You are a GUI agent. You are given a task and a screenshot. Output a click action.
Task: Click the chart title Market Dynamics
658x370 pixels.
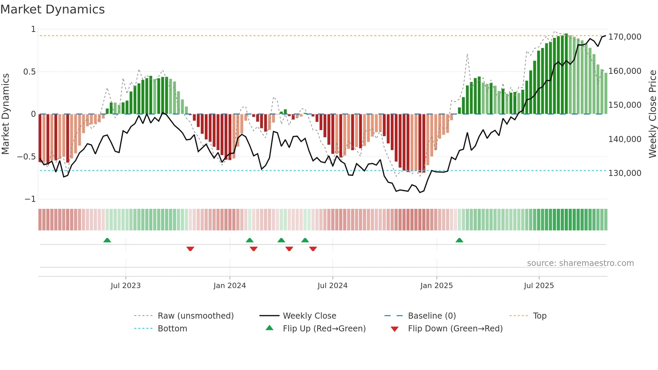coord(53,9)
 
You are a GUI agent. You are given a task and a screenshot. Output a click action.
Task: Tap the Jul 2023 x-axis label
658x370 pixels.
coord(126,286)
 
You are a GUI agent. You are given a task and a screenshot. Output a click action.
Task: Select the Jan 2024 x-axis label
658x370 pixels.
coord(230,286)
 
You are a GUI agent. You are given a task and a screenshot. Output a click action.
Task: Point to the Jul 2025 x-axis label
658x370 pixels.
coord(539,286)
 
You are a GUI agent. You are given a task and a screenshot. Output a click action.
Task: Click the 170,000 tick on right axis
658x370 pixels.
coord(625,37)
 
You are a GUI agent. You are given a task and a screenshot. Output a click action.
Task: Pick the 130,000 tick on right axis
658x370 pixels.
coord(625,173)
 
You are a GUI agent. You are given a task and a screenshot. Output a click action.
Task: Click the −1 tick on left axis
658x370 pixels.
coord(30,199)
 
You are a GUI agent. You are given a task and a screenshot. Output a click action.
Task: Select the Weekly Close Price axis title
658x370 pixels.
coord(652,114)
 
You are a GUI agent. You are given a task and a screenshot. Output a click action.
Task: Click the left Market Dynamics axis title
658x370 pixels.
coord(5,114)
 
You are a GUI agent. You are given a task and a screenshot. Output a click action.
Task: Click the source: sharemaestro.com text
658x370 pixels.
coord(580,263)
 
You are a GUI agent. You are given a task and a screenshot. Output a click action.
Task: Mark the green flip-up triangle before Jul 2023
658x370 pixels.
coord(107,240)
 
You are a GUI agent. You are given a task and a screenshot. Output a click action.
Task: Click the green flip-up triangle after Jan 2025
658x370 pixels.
coord(459,240)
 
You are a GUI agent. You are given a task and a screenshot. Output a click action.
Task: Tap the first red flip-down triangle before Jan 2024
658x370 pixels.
coord(190,249)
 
